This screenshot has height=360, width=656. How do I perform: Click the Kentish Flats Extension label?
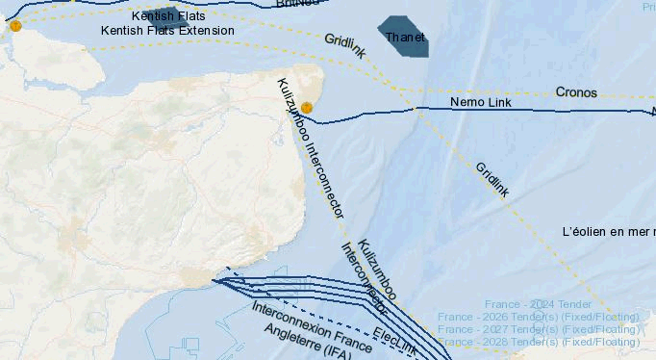(x=167, y=31)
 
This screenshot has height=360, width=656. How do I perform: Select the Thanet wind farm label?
(x=404, y=38)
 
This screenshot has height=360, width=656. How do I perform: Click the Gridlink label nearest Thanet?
(x=344, y=46)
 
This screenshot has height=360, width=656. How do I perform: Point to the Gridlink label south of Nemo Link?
(x=492, y=179)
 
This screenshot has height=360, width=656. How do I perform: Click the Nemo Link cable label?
(x=481, y=102)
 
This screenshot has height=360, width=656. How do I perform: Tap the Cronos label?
(x=576, y=93)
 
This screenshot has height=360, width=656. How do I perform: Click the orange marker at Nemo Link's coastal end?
(x=307, y=108)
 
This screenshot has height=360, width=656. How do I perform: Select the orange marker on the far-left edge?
(x=15, y=26)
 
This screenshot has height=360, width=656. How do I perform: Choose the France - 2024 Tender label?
(x=539, y=304)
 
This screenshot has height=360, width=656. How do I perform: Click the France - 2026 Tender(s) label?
(x=539, y=317)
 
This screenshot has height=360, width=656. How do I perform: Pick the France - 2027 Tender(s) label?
(x=539, y=329)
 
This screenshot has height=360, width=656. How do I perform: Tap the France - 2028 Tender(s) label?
(x=539, y=342)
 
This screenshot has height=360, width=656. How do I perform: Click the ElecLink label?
(x=394, y=341)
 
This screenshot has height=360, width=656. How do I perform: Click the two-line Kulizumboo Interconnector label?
(x=370, y=275)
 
